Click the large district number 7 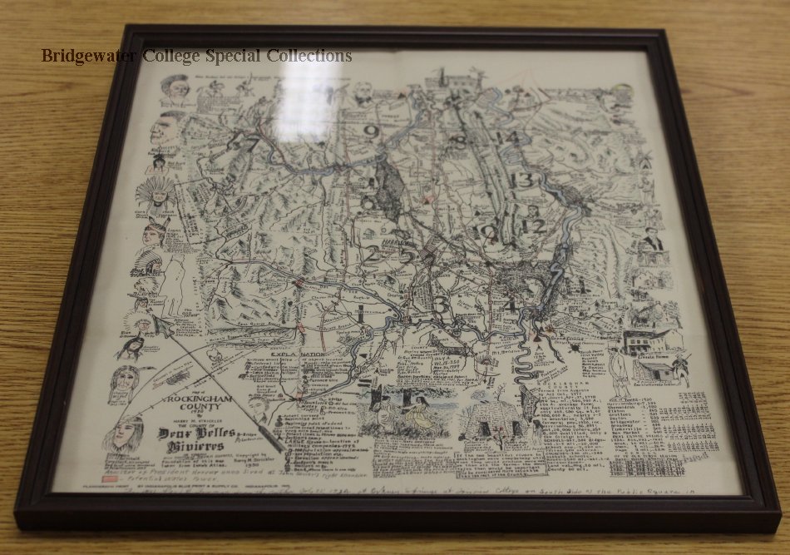[x=249, y=143]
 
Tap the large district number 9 [x=371, y=131]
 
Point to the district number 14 [x=506, y=137]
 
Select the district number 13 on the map [x=522, y=179]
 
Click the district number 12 [x=534, y=225]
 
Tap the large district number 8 [x=459, y=141]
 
